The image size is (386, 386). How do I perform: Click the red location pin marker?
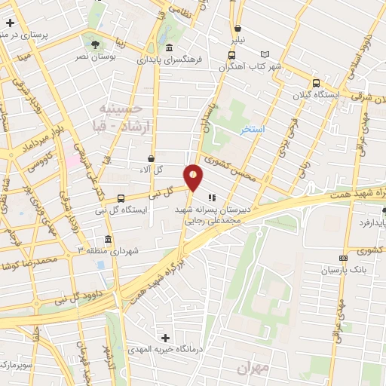[194, 176]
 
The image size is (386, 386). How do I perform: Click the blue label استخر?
[253, 130]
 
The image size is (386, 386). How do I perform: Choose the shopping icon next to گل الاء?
[152, 159]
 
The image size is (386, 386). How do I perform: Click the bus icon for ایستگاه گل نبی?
[121, 198]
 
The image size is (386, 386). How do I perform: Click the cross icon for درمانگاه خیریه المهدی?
[166, 337]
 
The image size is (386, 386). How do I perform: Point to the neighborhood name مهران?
[253, 368]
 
